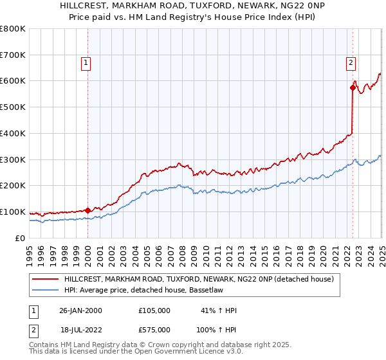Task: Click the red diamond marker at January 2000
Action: (x=87, y=210)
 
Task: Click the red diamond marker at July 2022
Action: (x=353, y=87)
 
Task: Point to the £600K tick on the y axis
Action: (x=13, y=81)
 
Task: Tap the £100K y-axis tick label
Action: (x=13, y=212)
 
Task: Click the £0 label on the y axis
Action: (x=19, y=239)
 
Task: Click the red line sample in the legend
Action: (x=46, y=280)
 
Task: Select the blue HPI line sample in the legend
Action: (x=46, y=291)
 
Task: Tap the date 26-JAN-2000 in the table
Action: (x=80, y=310)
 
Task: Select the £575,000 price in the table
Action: (x=154, y=328)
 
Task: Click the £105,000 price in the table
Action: (x=154, y=310)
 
